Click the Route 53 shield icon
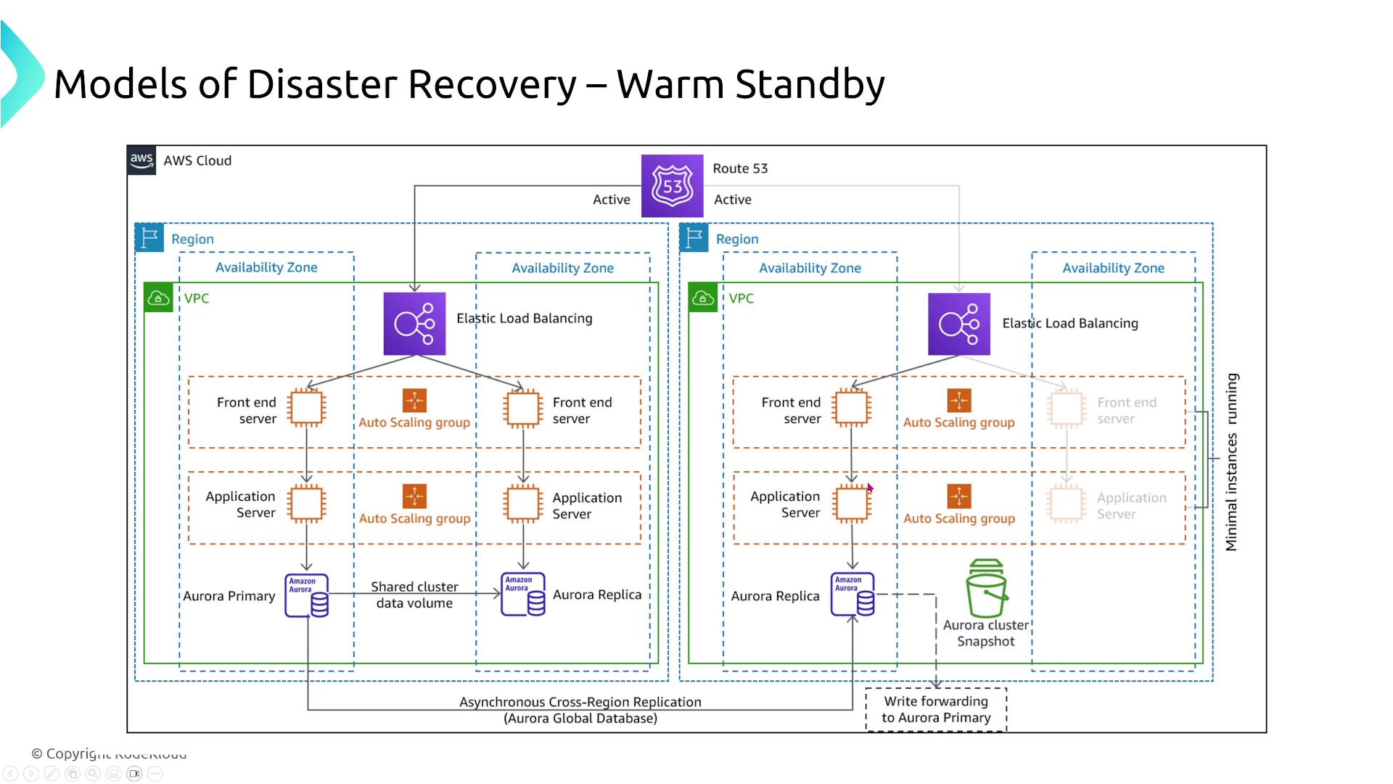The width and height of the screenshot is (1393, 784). pyautogui.click(x=672, y=186)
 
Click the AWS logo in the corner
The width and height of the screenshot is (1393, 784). pyautogui.click(x=141, y=160)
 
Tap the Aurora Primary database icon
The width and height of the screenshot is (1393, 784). pyautogui.click(x=306, y=595)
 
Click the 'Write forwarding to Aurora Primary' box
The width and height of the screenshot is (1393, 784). pyautogui.click(x=936, y=709)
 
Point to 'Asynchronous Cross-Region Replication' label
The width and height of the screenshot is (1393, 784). pyautogui.click(x=580, y=702)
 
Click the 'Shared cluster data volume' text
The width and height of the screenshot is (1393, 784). pyautogui.click(x=414, y=595)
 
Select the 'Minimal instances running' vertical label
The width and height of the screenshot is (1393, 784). pyautogui.click(x=1231, y=462)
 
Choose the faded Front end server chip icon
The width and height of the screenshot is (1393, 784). pyautogui.click(x=1066, y=408)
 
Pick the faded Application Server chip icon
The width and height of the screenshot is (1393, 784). pyautogui.click(x=1066, y=504)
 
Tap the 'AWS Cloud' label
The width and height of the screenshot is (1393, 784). pyautogui.click(x=197, y=160)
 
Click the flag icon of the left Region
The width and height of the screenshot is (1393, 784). pyautogui.click(x=149, y=237)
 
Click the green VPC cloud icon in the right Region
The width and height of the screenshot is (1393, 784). pyautogui.click(x=702, y=298)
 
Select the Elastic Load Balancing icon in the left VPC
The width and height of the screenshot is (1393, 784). pyautogui.click(x=414, y=324)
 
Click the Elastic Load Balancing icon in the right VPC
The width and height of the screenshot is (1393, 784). pyautogui.click(x=959, y=324)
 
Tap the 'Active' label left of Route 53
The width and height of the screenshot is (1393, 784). pyautogui.click(x=611, y=200)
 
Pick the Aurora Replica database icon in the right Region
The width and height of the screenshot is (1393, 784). pyautogui.click(x=852, y=595)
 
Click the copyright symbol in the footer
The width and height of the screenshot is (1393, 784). pyautogui.click(x=37, y=754)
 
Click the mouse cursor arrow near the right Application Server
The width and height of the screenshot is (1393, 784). pyautogui.click(x=870, y=489)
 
